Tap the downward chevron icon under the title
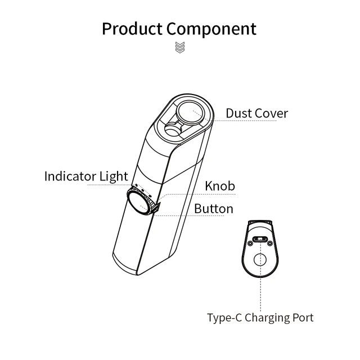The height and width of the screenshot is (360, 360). pos(179,47)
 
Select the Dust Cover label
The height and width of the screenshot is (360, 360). pos(256,113)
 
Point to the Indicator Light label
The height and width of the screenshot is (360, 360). pos(86,176)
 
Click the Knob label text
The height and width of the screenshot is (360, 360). pos(219,186)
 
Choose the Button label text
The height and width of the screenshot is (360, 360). pos(214,209)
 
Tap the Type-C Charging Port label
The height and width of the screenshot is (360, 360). pos(260,318)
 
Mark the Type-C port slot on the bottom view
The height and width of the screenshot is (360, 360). pos(260,240)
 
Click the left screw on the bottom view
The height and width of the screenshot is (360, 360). pos(249,243)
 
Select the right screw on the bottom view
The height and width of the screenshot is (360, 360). pos(271,243)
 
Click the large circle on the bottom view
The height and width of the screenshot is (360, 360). pos(260,260)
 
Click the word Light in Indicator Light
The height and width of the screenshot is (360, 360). pos(114,176)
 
